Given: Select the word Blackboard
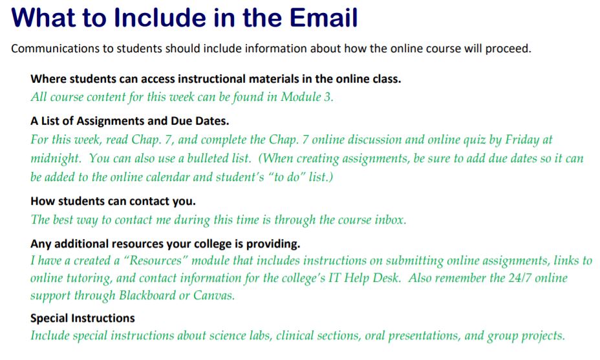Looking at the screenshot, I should click(150, 295).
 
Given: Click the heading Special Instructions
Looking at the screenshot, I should click(83, 318).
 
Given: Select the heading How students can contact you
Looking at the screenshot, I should click(113, 201).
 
